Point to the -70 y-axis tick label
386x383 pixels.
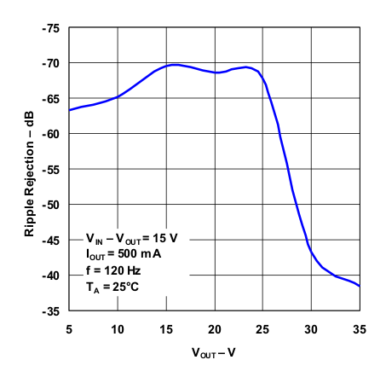pos(51,63)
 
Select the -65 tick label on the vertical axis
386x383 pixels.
pos(51,99)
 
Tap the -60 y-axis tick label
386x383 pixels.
pos(51,134)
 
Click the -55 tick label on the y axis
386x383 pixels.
pos(51,170)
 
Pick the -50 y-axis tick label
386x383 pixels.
pos(51,205)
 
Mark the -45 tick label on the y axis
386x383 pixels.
pos(51,241)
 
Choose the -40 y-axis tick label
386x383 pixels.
pos(51,276)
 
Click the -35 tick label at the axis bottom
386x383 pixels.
pos(51,311)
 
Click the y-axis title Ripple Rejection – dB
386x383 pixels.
pos(29,170)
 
